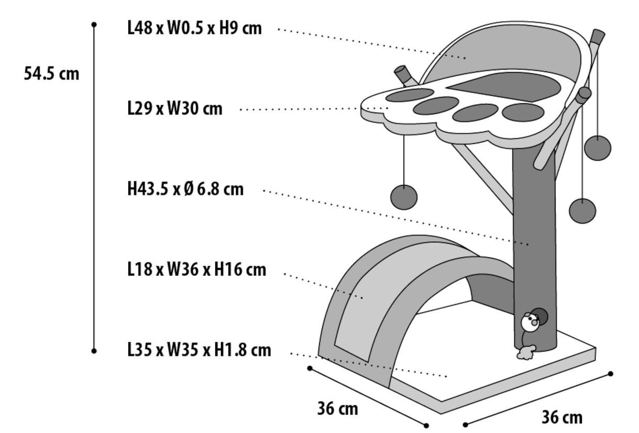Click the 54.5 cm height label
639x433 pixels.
click(x=51, y=74)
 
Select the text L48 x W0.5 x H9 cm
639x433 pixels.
click(x=194, y=28)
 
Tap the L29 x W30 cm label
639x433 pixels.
click(x=175, y=109)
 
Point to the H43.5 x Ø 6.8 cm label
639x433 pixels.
click(x=185, y=189)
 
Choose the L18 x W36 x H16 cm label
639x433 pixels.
click(x=196, y=270)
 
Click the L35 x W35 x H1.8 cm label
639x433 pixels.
click(x=199, y=349)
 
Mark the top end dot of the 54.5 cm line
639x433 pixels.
click(x=94, y=24)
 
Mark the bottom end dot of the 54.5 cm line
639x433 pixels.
click(x=94, y=351)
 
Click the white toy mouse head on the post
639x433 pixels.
click(x=529, y=323)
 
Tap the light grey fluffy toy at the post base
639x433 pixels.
click(x=525, y=352)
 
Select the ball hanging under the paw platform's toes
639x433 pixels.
click(x=404, y=197)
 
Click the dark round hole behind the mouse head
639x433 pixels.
click(x=540, y=315)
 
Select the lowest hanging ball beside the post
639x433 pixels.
click(x=582, y=211)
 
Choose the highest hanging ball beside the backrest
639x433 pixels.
click(x=598, y=147)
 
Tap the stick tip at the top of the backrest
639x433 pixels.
click(x=598, y=37)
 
